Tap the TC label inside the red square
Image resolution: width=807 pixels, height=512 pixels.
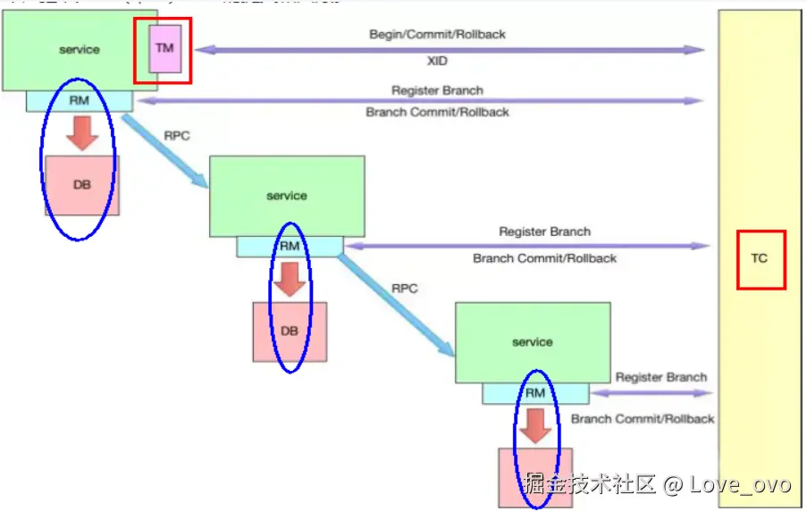[x=759, y=258]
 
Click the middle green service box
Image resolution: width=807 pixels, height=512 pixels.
[x=286, y=196]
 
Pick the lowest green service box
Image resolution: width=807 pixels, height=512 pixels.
[x=533, y=342]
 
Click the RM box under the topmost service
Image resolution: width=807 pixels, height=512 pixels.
[x=79, y=101]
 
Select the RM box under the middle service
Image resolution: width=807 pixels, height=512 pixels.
[x=290, y=246]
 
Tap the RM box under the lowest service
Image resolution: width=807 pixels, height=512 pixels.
[x=534, y=393]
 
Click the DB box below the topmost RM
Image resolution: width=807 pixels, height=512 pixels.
[x=81, y=185]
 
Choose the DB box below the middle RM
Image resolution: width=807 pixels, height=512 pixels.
[x=290, y=332]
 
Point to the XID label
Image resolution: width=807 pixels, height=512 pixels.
[x=437, y=62]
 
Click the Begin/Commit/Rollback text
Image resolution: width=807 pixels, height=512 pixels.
[x=437, y=34]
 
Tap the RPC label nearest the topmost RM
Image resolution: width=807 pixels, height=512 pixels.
[x=177, y=136]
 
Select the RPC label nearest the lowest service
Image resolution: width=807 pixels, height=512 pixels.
[x=405, y=289]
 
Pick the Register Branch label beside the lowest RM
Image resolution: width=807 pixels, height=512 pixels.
[x=660, y=377]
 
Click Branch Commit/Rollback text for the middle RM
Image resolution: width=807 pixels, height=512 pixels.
[x=544, y=258]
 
